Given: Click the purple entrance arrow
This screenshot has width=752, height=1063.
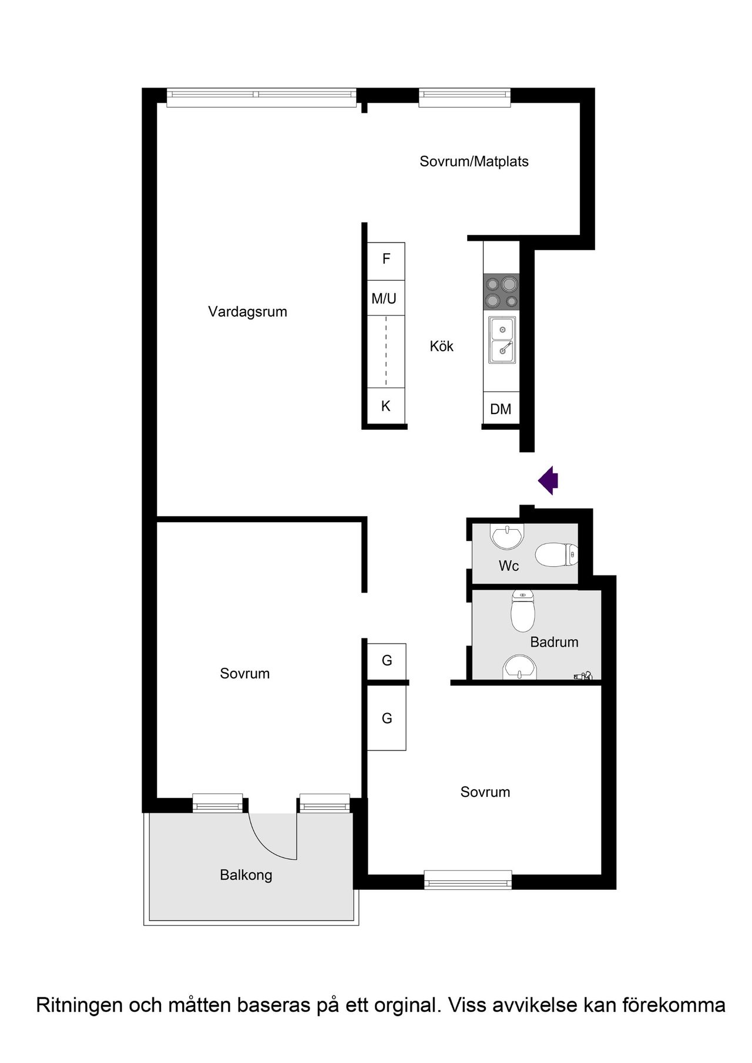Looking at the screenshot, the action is (548, 480).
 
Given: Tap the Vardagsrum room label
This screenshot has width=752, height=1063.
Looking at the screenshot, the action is (247, 312).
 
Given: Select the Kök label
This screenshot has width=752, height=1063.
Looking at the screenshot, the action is (441, 346).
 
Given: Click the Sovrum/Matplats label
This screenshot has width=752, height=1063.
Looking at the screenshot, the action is (474, 162).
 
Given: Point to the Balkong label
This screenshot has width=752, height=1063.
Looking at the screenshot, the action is (246, 875).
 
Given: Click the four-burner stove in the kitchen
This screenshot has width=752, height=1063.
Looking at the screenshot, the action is (501, 292).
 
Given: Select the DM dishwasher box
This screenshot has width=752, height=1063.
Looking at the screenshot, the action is (501, 409).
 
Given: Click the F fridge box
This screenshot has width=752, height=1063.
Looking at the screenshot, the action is (386, 261).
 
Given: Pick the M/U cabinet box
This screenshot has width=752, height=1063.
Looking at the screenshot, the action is (386, 298).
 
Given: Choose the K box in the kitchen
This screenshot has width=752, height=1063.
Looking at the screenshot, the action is (386, 406).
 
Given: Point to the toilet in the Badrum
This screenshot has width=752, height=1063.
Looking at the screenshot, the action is (523, 611).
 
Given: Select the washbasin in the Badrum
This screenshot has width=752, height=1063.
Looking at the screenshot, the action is (520, 668).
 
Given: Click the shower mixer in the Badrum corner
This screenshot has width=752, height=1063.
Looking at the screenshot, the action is (583, 676).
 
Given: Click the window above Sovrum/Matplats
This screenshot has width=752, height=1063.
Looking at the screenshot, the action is (465, 97).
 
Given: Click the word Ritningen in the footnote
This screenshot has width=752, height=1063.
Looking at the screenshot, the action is (79, 1005).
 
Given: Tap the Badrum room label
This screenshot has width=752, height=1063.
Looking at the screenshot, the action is (554, 642).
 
